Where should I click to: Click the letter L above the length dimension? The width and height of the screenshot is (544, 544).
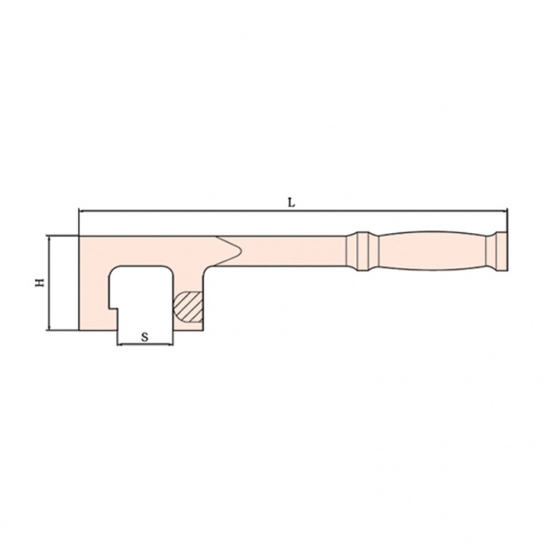[x=291, y=203]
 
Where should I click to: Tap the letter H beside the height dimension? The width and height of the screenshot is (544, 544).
[x=40, y=282]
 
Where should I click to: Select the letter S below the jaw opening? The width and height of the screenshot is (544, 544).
[x=145, y=337]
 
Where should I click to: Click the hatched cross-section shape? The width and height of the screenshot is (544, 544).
[x=188, y=306]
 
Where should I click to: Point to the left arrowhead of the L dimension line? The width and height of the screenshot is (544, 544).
[x=83, y=210]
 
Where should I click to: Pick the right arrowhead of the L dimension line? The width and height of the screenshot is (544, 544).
[x=504, y=210]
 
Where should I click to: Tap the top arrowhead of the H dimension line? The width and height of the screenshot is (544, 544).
[x=50, y=239]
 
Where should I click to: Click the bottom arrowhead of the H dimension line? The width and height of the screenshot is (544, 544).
[x=50, y=326]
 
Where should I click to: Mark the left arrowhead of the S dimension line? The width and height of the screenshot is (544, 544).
[x=121, y=345]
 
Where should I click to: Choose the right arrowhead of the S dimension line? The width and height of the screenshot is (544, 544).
[x=170, y=345]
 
